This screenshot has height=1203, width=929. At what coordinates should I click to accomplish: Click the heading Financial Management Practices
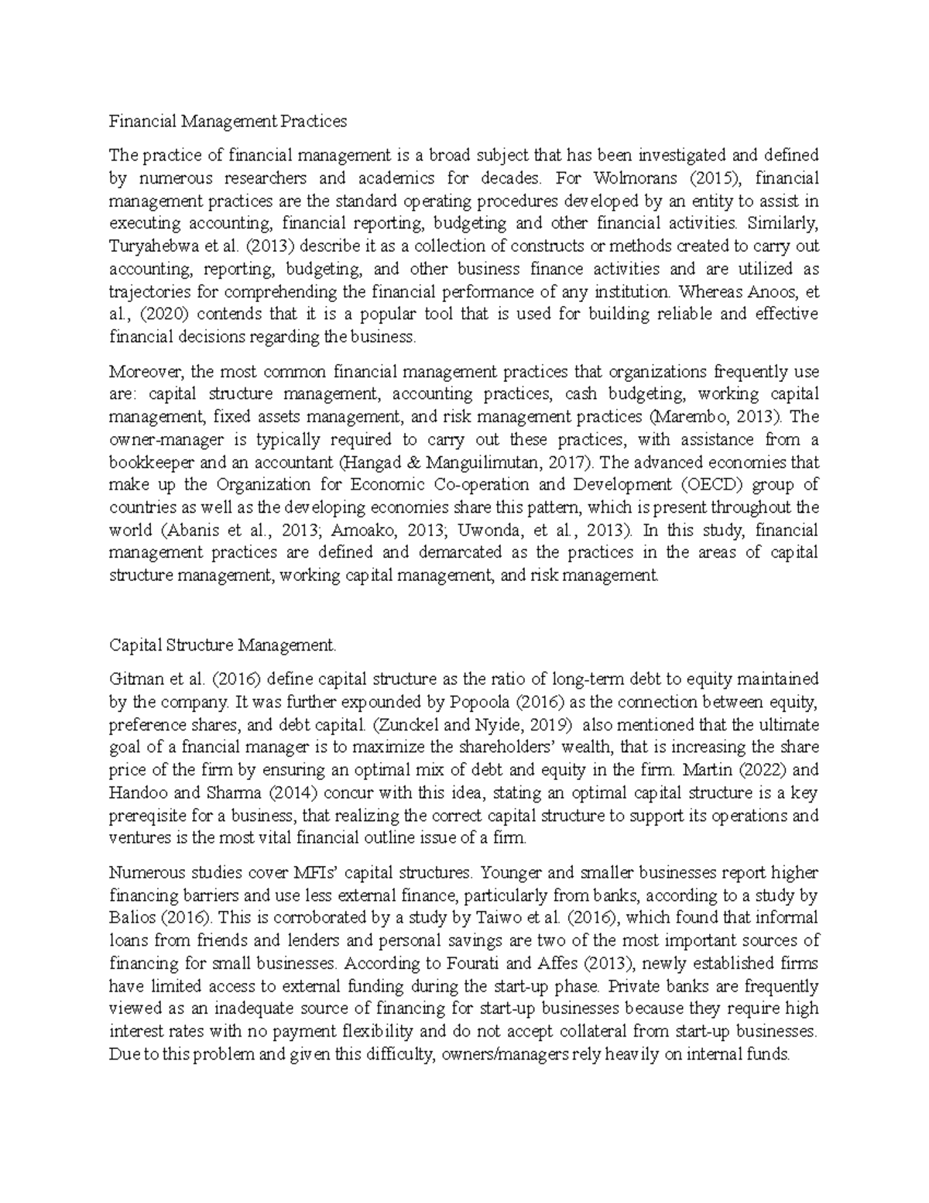(x=228, y=121)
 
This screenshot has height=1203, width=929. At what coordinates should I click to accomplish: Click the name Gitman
(x=133, y=679)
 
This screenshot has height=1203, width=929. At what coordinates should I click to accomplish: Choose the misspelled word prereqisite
(x=148, y=816)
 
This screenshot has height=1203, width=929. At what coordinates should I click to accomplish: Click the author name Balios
(x=131, y=918)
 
